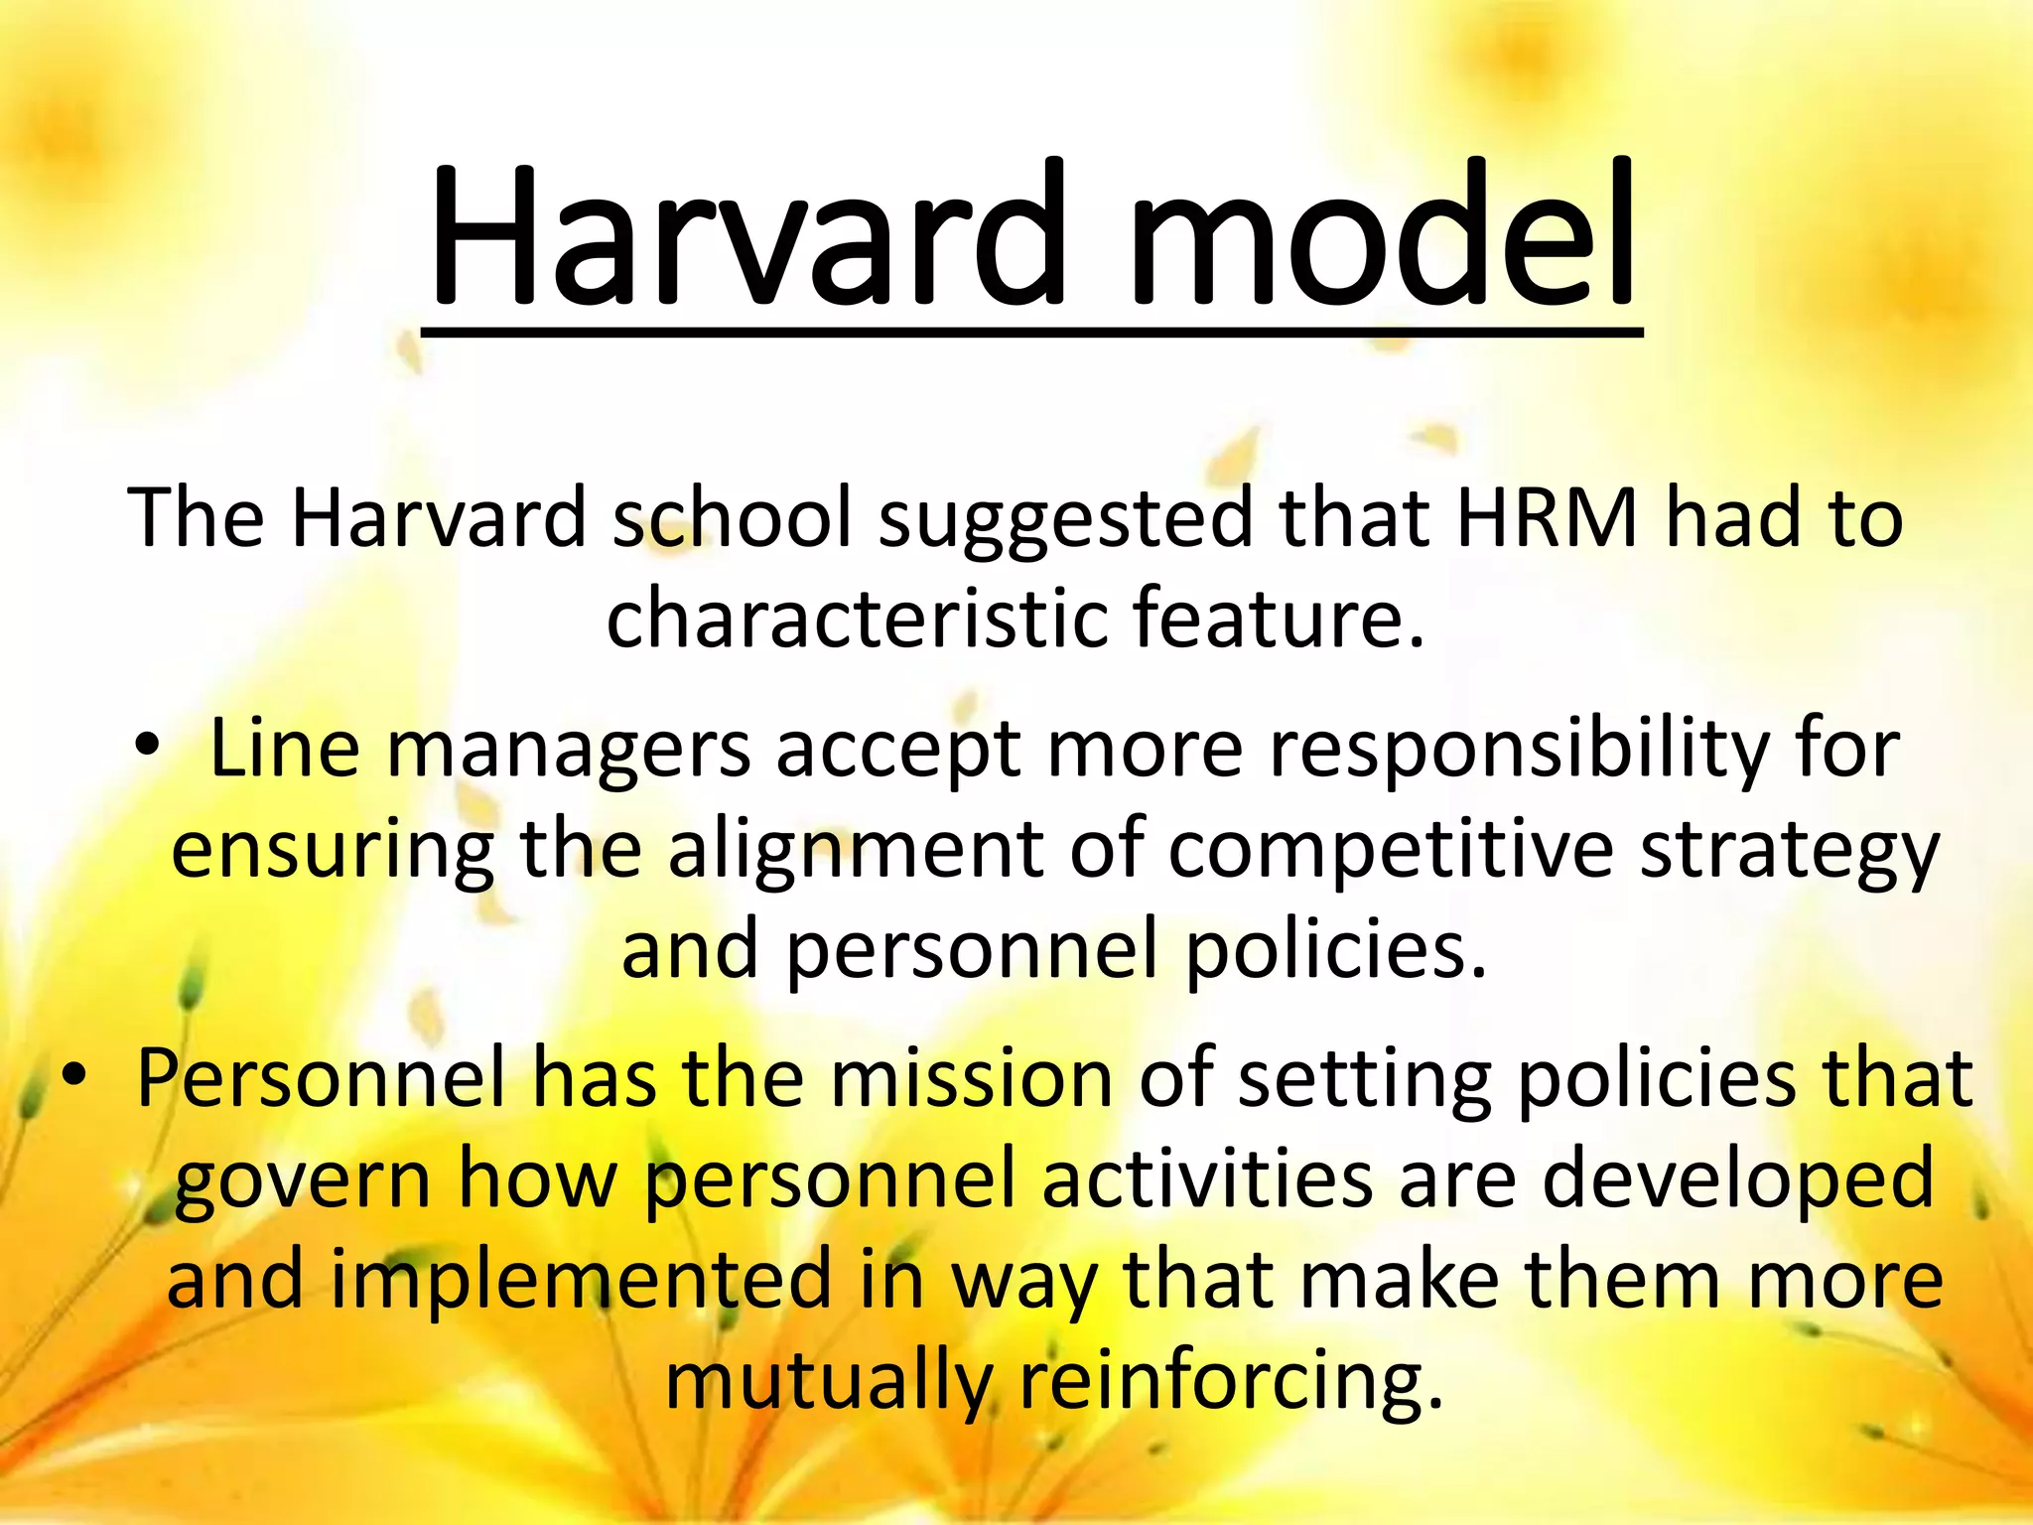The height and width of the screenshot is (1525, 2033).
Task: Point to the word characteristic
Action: [856, 618]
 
